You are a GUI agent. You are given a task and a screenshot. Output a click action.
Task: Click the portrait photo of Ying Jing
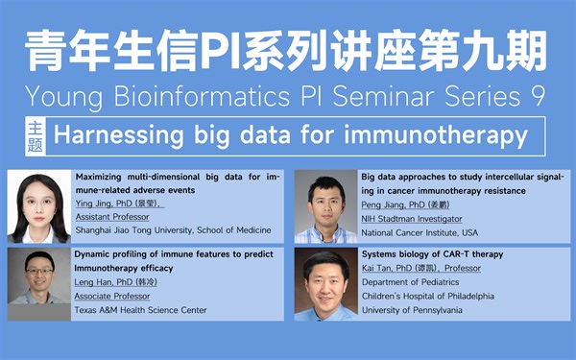coord(39,205)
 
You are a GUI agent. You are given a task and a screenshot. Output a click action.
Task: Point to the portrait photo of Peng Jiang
coord(325,205)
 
